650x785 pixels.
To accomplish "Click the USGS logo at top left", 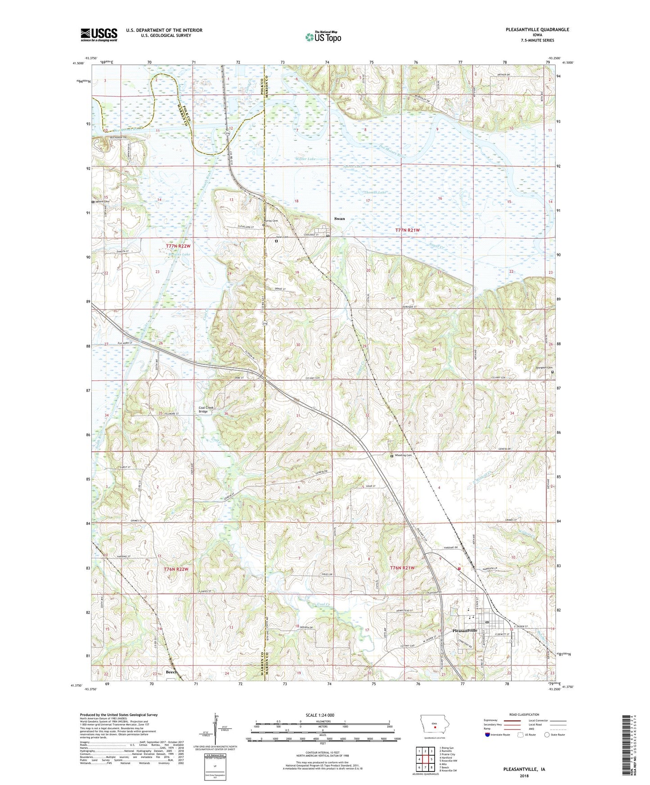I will [99, 35].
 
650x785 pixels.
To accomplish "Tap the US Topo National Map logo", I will [323, 36].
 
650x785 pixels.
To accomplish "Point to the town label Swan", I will [339, 219].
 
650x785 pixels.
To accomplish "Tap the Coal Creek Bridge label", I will [207, 410].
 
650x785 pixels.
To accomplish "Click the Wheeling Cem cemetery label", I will [403, 455].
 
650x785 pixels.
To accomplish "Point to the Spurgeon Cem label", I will [540, 367].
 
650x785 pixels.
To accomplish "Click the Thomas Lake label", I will [375, 192].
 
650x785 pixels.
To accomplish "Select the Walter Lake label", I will [305, 159].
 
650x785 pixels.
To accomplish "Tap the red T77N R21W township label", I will [407, 230].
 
